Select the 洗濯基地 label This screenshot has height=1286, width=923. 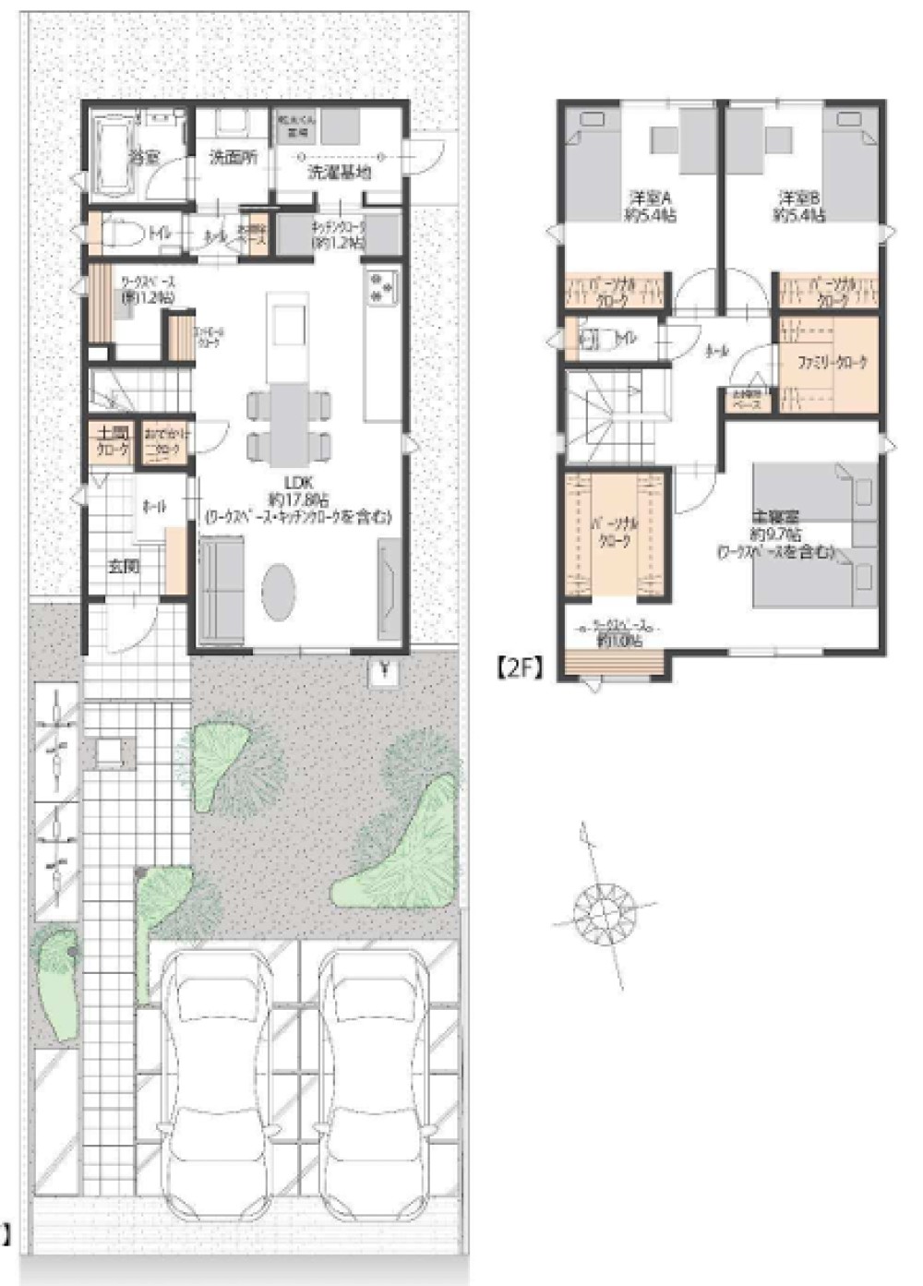[339, 173]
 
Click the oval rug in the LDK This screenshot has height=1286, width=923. [279, 592]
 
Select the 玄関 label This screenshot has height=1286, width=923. [124, 566]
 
